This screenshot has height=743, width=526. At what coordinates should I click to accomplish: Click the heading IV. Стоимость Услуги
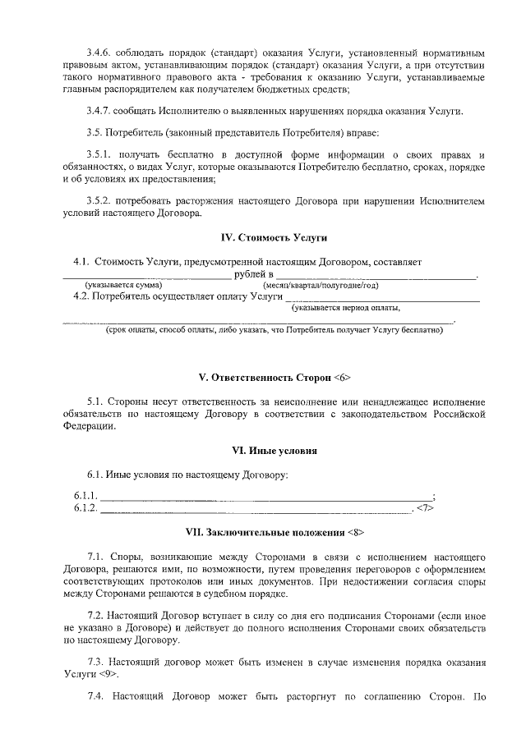(x=275, y=238)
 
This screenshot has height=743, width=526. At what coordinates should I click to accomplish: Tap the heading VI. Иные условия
(x=275, y=451)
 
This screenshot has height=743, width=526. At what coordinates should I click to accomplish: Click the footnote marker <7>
(x=424, y=508)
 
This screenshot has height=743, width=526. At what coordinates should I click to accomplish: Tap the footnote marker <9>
(x=107, y=674)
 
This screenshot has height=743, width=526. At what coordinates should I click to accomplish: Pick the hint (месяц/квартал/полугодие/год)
(x=321, y=285)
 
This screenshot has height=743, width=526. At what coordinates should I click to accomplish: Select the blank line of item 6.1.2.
(x=255, y=509)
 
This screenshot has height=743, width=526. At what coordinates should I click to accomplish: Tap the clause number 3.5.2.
(x=101, y=200)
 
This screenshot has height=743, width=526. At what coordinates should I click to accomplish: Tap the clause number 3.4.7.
(x=101, y=112)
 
